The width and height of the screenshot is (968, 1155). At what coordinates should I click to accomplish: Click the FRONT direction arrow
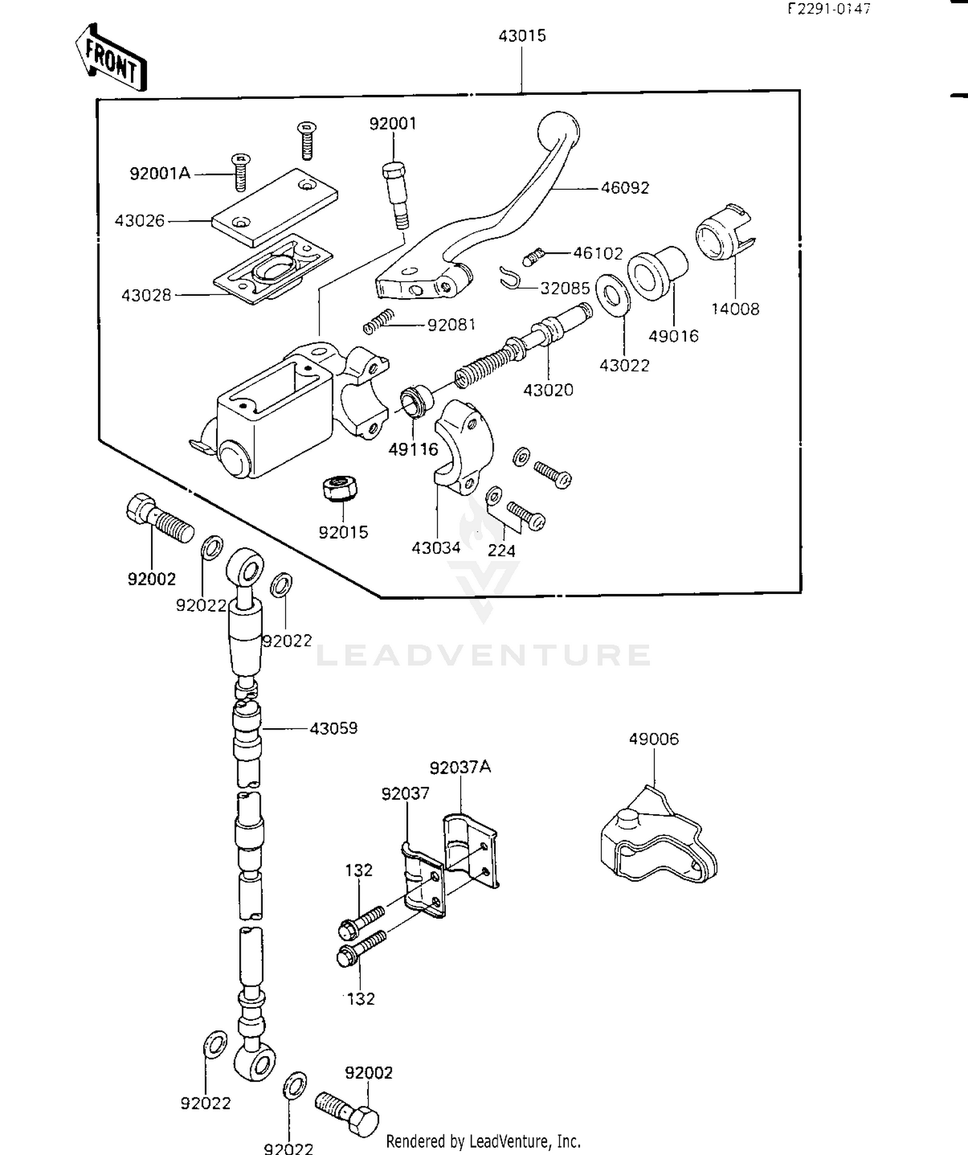tap(110, 57)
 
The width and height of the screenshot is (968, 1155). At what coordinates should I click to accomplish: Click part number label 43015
tap(521, 36)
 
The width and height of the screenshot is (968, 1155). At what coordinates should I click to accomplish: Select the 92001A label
tap(160, 174)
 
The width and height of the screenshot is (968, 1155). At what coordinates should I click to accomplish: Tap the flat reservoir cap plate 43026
tap(274, 206)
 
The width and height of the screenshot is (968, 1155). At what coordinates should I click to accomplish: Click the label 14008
tap(735, 309)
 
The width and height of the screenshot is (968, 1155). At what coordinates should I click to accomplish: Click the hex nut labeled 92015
tap(339, 488)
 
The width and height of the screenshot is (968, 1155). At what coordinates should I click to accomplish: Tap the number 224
tap(501, 551)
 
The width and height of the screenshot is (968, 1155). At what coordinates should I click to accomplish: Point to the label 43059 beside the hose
tap(333, 728)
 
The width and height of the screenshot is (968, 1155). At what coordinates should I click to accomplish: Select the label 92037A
tap(460, 767)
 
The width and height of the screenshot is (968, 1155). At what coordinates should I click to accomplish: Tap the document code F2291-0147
tap(828, 9)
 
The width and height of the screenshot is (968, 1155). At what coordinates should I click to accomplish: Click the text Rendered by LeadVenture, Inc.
tap(483, 1141)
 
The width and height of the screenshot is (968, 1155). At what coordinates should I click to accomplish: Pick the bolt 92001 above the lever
tap(395, 194)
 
